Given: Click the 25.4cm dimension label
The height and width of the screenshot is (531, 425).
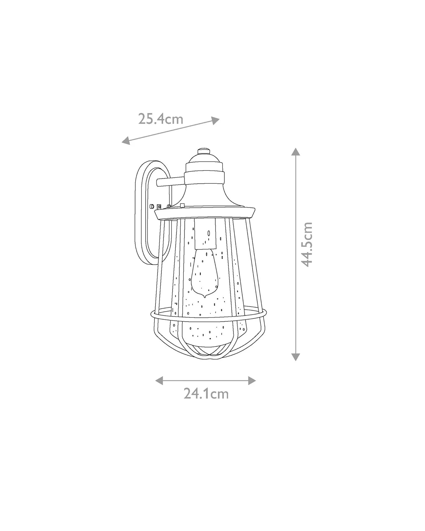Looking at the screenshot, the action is (x=161, y=119).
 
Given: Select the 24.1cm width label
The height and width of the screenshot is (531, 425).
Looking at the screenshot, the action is (x=206, y=401).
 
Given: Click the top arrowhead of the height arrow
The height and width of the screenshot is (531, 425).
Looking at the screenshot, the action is (x=296, y=152).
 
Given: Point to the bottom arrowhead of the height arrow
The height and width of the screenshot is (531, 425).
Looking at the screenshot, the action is (x=296, y=357).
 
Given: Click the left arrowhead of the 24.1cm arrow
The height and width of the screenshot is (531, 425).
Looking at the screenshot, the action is (x=159, y=380).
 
